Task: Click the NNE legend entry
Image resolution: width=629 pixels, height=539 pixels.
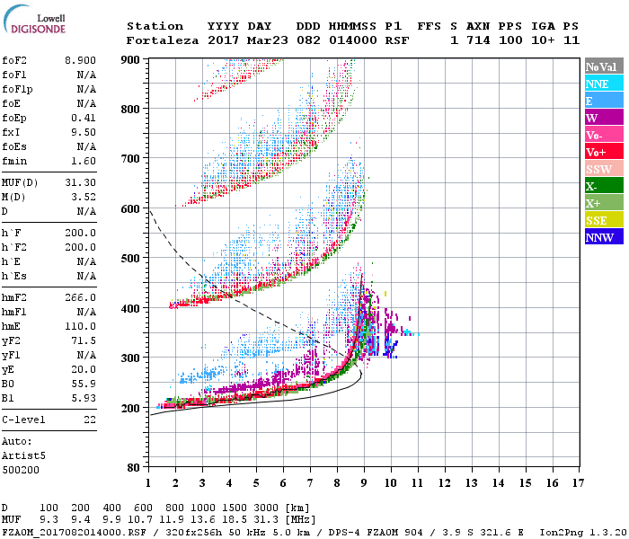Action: (598, 84)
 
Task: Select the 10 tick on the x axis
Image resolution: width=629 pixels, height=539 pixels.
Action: (391, 483)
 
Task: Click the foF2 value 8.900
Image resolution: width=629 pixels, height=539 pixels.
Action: (80, 59)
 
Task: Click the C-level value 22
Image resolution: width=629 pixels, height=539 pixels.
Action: (89, 420)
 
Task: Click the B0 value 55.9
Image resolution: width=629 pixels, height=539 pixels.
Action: (84, 384)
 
